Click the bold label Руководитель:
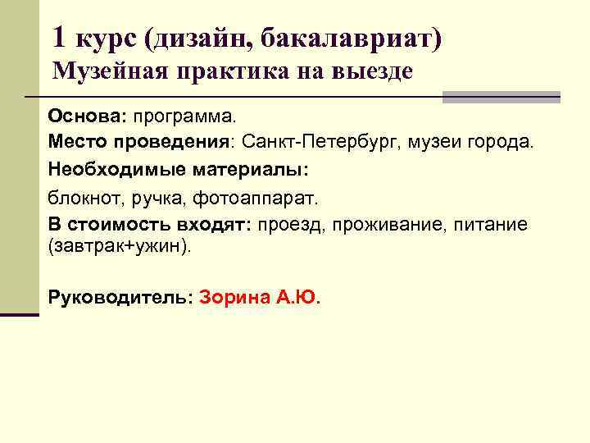(x=120, y=297)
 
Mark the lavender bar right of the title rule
(x=501, y=98)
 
